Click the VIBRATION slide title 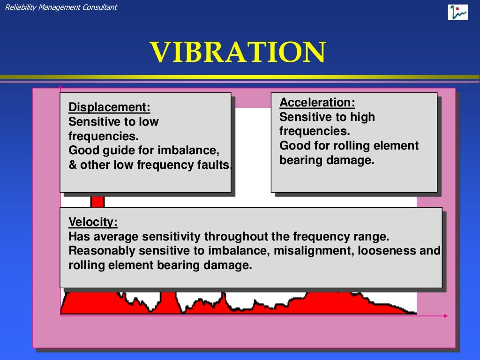coord(238,52)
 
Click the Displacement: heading coord(109,107)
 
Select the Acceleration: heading coord(317,103)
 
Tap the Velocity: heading coord(93,222)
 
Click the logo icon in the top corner coord(457,12)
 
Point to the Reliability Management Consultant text coord(61,7)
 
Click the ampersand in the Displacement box coord(72,165)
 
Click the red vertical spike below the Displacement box coord(97,200)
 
